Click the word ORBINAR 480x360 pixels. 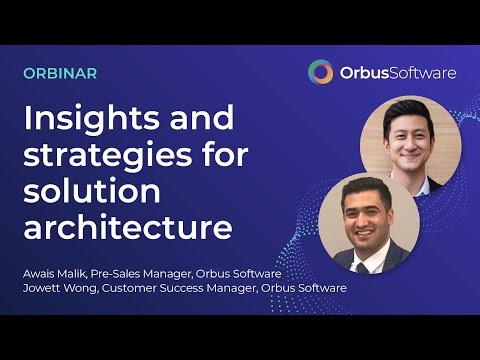(60, 74)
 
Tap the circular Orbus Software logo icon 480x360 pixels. (321, 72)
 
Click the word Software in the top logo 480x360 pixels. (421, 72)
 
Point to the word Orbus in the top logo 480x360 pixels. (361, 72)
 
